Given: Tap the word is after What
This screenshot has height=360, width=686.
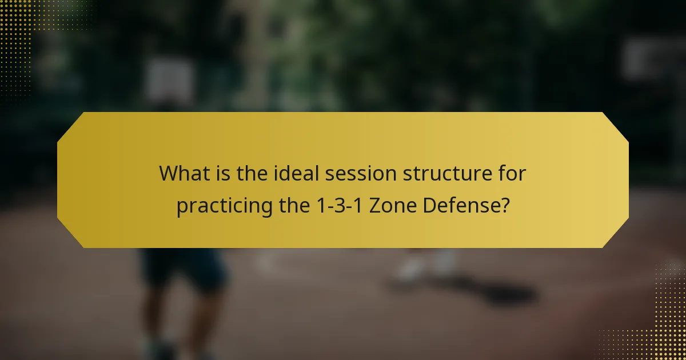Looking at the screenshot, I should point(225,173).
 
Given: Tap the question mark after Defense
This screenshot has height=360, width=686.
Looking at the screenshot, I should point(504,206).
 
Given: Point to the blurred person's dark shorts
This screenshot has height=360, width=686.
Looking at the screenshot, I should point(183,269).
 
